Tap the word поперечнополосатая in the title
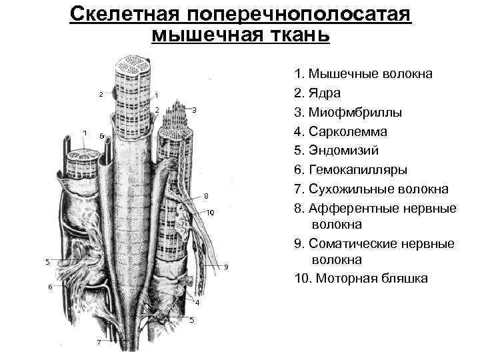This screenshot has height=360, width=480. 302,14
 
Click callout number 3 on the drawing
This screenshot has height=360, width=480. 194,109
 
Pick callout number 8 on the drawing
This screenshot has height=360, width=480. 206,196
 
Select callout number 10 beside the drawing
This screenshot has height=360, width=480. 210,213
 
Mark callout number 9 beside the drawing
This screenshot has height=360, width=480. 226,267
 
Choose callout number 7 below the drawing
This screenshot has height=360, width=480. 99,343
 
